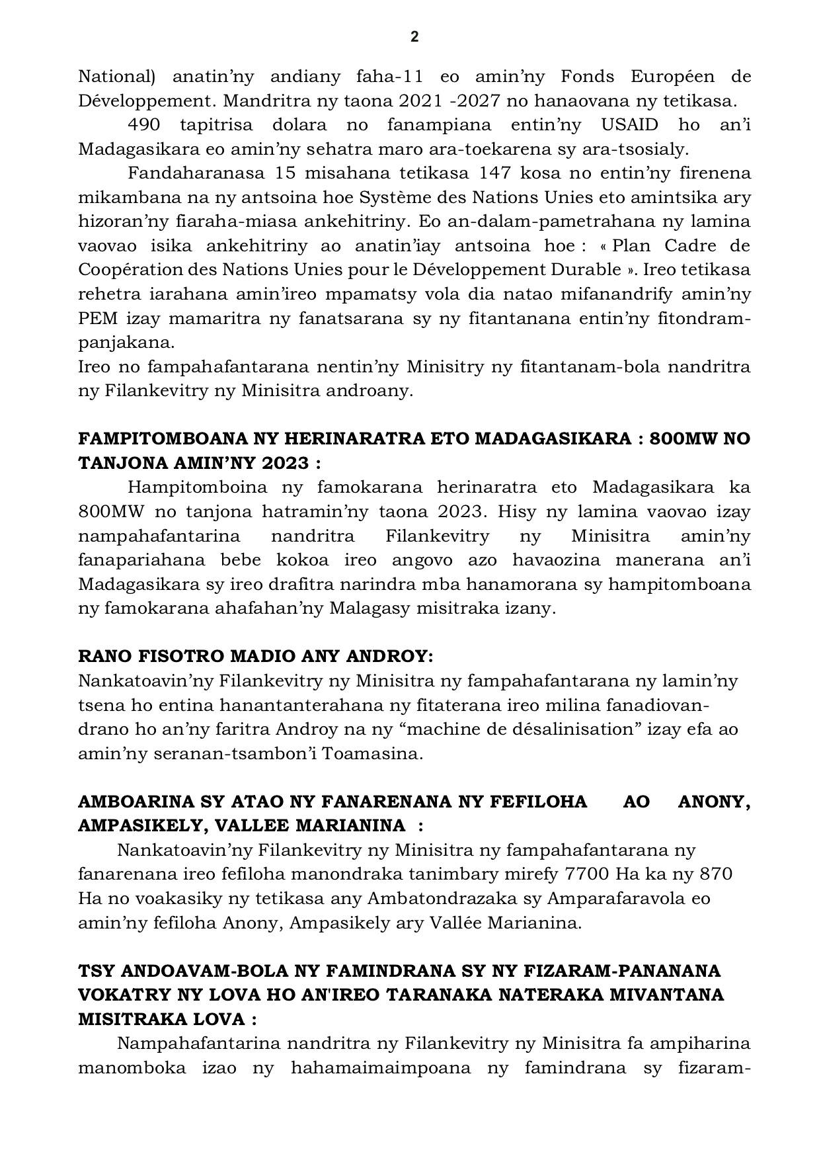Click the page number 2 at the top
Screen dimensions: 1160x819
point(414,37)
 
